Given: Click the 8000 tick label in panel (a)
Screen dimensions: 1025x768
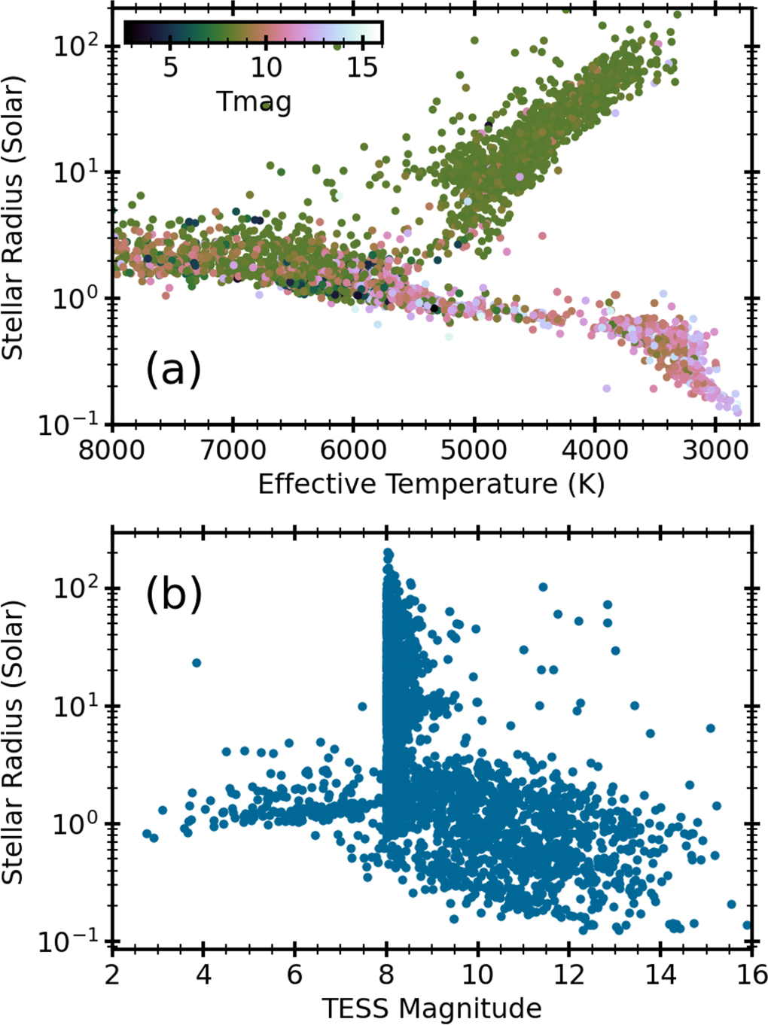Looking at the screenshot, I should click(x=113, y=451).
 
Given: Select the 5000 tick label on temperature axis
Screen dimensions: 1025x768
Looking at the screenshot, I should click(x=474, y=451).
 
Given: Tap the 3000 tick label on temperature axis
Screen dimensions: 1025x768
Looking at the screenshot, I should click(x=715, y=451).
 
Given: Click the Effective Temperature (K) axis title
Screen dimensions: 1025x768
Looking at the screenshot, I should click(x=431, y=484).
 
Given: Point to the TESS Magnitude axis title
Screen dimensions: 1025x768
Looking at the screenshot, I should click(x=431, y=1008).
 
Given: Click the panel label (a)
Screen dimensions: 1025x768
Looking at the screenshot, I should click(x=173, y=369).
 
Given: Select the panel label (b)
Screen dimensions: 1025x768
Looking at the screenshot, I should click(x=173, y=594).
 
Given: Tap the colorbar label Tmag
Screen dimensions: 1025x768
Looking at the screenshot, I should click(x=254, y=102).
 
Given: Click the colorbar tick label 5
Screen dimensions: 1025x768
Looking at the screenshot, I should click(x=171, y=67).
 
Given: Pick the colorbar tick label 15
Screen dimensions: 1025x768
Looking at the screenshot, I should click(x=362, y=67).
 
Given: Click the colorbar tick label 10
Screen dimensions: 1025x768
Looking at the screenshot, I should click(x=266, y=67).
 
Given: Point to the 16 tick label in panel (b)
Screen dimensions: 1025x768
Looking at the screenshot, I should click(x=748, y=975).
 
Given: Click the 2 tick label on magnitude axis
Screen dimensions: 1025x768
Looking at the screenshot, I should click(x=113, y=975).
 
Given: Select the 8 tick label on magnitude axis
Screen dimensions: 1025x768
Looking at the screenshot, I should click(x=386, y=975).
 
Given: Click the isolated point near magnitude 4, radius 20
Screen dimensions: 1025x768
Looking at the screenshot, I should click(x=197, y=663).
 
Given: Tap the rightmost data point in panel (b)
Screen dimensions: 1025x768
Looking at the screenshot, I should click(x=748, y=926).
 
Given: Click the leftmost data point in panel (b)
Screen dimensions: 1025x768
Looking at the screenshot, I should click(x=147, y=834).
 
